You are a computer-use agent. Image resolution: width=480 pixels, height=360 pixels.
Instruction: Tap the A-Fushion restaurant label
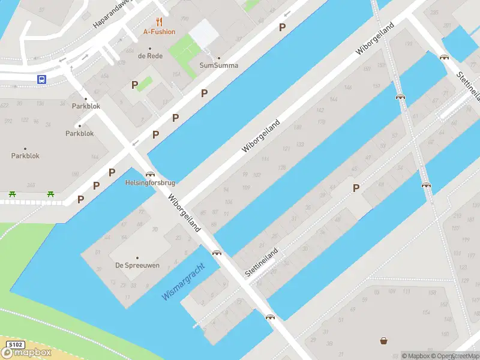point(159,32)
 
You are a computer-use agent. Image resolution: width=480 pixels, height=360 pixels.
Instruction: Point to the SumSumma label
point(219,65)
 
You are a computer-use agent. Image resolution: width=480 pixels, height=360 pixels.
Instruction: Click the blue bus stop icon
point(42,79)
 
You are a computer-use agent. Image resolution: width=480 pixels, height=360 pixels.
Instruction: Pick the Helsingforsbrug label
point(150,182)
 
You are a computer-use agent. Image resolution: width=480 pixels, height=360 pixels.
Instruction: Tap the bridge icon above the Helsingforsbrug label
point(149,174)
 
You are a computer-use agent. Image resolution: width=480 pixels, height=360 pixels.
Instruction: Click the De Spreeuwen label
point(137,265)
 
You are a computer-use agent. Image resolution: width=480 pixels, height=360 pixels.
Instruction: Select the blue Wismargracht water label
point(184,282)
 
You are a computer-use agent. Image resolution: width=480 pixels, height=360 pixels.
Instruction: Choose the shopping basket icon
point(383,341)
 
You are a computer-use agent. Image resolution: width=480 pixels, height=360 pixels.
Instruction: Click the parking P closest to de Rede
point(135,85)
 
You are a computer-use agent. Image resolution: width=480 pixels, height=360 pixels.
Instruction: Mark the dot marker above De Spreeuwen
point(137,257)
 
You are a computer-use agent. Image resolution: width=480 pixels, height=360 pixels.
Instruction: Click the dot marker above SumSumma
point(219,58)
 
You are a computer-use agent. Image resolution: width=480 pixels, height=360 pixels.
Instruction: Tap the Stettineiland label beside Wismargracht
point(262,262)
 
